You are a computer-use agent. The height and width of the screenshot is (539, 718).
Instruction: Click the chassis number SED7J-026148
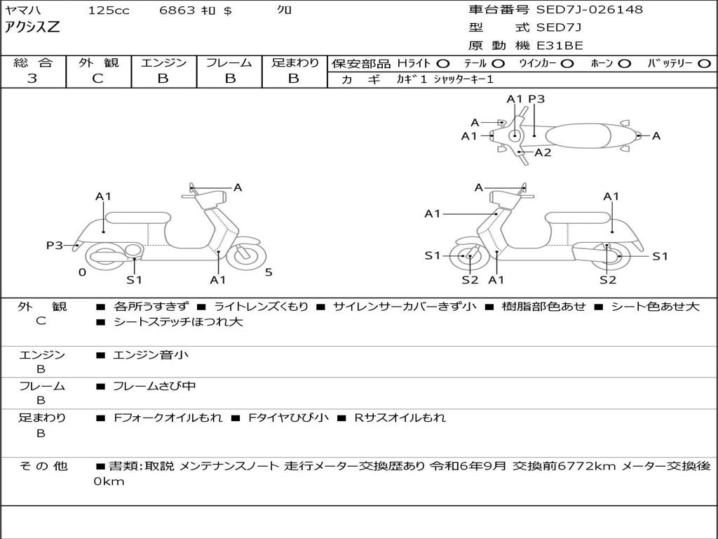(589, 10)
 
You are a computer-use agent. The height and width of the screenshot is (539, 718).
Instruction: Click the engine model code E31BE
(560, 46)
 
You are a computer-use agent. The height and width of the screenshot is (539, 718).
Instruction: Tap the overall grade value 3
(32, 79)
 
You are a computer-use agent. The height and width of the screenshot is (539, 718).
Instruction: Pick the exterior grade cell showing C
(97, 79)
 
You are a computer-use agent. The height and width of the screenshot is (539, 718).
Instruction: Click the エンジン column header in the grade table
(163, 62)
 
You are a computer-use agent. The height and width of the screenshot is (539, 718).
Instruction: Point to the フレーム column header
(229, 62)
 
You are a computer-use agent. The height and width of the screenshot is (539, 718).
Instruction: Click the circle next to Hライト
(443, 63)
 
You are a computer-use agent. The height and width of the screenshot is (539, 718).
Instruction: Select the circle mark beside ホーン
(625, 63)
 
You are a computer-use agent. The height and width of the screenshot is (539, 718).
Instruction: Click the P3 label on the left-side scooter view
(55, 245)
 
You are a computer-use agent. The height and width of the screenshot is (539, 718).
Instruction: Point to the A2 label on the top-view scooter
(543, 152)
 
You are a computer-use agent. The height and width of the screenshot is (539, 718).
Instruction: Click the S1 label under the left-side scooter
(134, 280)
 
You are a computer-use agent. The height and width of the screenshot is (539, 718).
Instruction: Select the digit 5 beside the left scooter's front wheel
(268, 272)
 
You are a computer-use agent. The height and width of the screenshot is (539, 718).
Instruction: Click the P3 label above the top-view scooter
(536, 99)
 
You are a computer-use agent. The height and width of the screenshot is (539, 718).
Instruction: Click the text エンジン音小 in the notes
(151, 355)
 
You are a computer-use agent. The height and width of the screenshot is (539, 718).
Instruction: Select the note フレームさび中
(154, 386)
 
